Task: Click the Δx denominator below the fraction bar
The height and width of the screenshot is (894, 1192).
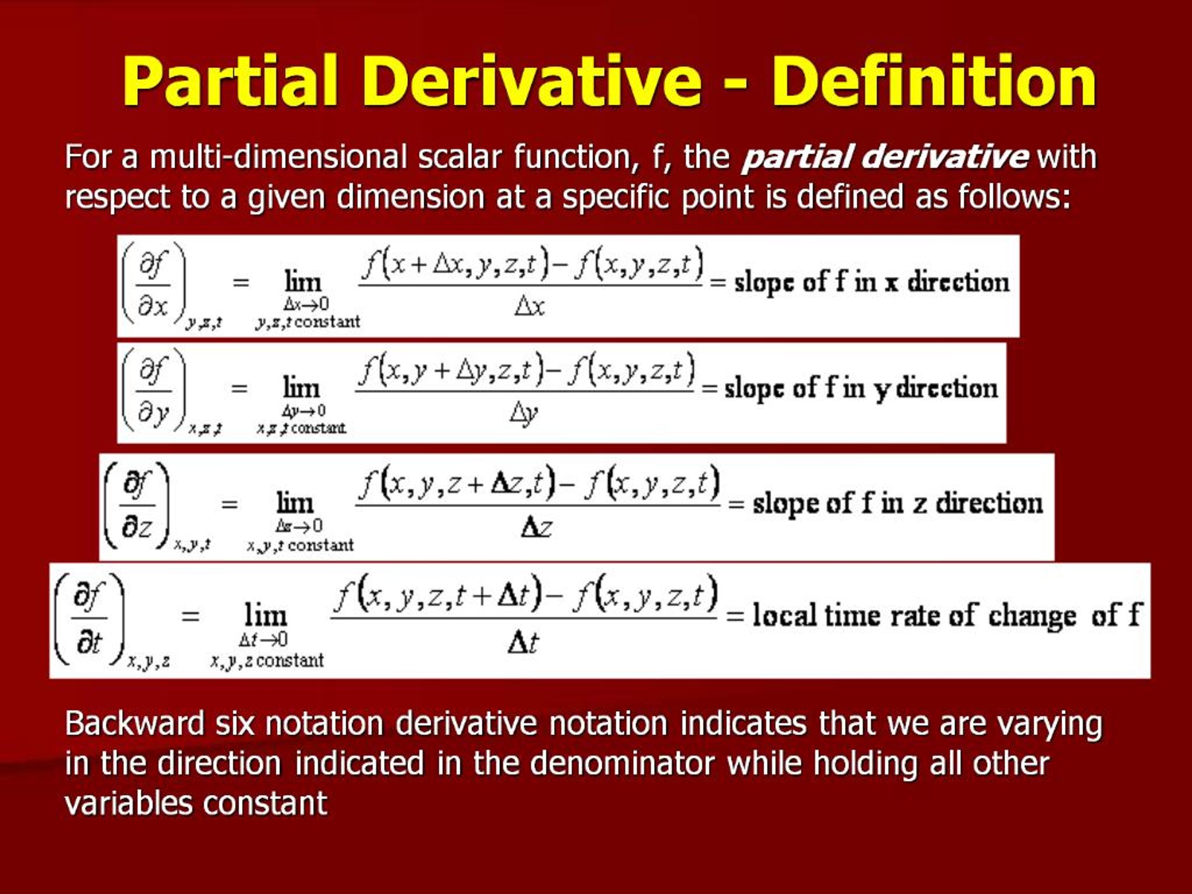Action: pyautogui.click(x=530, y=307)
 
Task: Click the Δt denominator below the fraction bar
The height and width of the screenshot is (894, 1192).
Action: pyautogui.click(x=523, y=643)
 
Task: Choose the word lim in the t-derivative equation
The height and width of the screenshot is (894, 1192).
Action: pyautogui.click(x=266, y=615)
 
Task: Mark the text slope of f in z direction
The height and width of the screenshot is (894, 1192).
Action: pyautogui.click(x=898, y=504)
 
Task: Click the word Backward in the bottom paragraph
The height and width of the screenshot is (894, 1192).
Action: pyautogui.click(x=135, y=723)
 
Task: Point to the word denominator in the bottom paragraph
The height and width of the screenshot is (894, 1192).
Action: pyautogui.click(x=623, y=763)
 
